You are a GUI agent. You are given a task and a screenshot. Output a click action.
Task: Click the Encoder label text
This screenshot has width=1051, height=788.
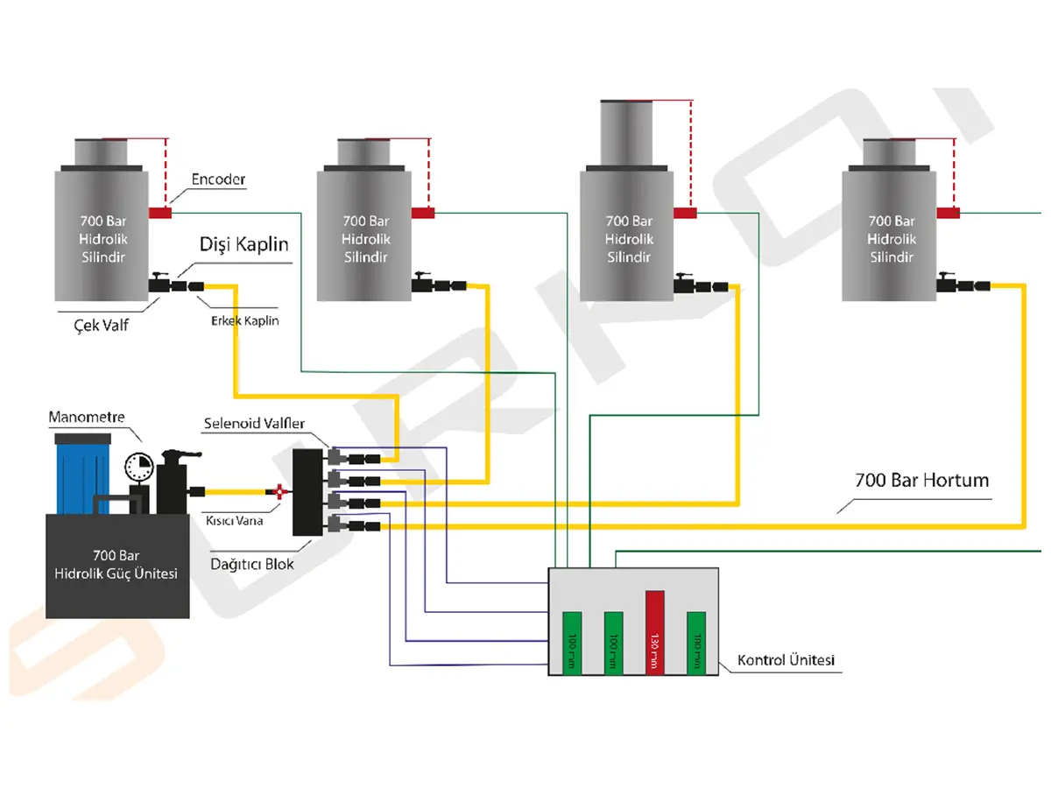click(219, 180)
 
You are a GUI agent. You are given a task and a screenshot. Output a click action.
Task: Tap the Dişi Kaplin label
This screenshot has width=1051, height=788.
click(244, 243)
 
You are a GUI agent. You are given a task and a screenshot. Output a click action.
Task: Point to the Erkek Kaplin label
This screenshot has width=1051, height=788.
click(244, 320)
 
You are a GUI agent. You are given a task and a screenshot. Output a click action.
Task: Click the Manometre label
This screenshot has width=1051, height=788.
click(87, 417)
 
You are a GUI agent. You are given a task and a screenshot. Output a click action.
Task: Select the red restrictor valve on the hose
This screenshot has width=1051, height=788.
click(279, 492)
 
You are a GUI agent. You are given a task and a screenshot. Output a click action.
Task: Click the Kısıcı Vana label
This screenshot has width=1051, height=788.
click(234, 520)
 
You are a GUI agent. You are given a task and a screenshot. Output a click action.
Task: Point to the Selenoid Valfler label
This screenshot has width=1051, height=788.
click(254, 424)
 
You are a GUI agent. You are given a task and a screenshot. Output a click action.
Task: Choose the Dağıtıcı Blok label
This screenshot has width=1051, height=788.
click(252, 565)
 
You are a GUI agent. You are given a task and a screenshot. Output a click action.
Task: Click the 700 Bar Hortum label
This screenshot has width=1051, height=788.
click(921, 481)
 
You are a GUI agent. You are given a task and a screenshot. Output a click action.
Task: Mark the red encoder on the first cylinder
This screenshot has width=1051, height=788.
click(160, 213)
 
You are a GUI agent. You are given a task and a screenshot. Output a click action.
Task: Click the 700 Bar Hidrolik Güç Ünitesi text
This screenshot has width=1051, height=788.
click(116, 566)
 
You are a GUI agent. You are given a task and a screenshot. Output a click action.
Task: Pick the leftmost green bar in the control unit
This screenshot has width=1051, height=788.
click(572, 643)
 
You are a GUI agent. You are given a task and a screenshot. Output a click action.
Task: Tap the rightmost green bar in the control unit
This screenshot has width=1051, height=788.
click(696, 643)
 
